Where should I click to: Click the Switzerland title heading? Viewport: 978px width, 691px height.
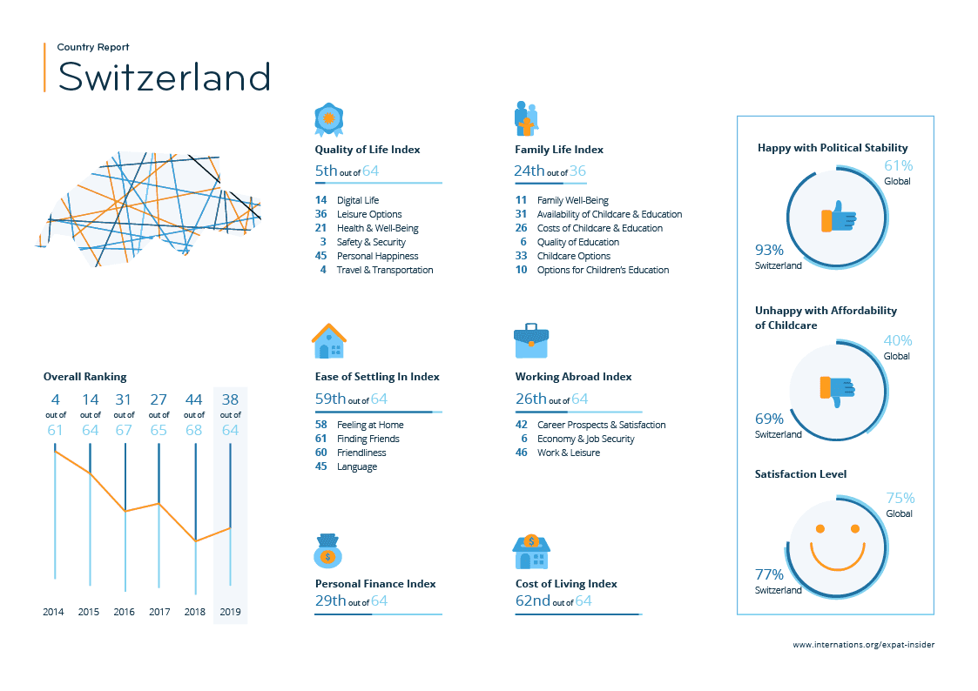(164, 77)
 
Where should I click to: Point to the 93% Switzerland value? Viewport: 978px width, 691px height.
(769, 249)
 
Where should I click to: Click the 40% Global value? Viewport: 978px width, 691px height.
(898, 340)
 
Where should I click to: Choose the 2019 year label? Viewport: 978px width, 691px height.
(230, 612)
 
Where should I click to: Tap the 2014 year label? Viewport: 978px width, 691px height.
(54, 612)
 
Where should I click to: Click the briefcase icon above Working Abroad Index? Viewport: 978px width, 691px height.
(531, 341)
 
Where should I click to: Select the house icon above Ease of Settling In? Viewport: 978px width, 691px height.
(328, 341)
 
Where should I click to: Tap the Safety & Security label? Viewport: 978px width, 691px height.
(371, 242)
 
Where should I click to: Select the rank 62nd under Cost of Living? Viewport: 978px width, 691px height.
(532, 600)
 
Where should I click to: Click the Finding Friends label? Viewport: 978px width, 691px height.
(368, 439)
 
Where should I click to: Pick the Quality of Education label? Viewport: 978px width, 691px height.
(578, 242)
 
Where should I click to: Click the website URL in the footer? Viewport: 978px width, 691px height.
(864, 645)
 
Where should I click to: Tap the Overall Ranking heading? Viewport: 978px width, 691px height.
(85, 377)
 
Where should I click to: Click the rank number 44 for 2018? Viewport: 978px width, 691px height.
(194, 399)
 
